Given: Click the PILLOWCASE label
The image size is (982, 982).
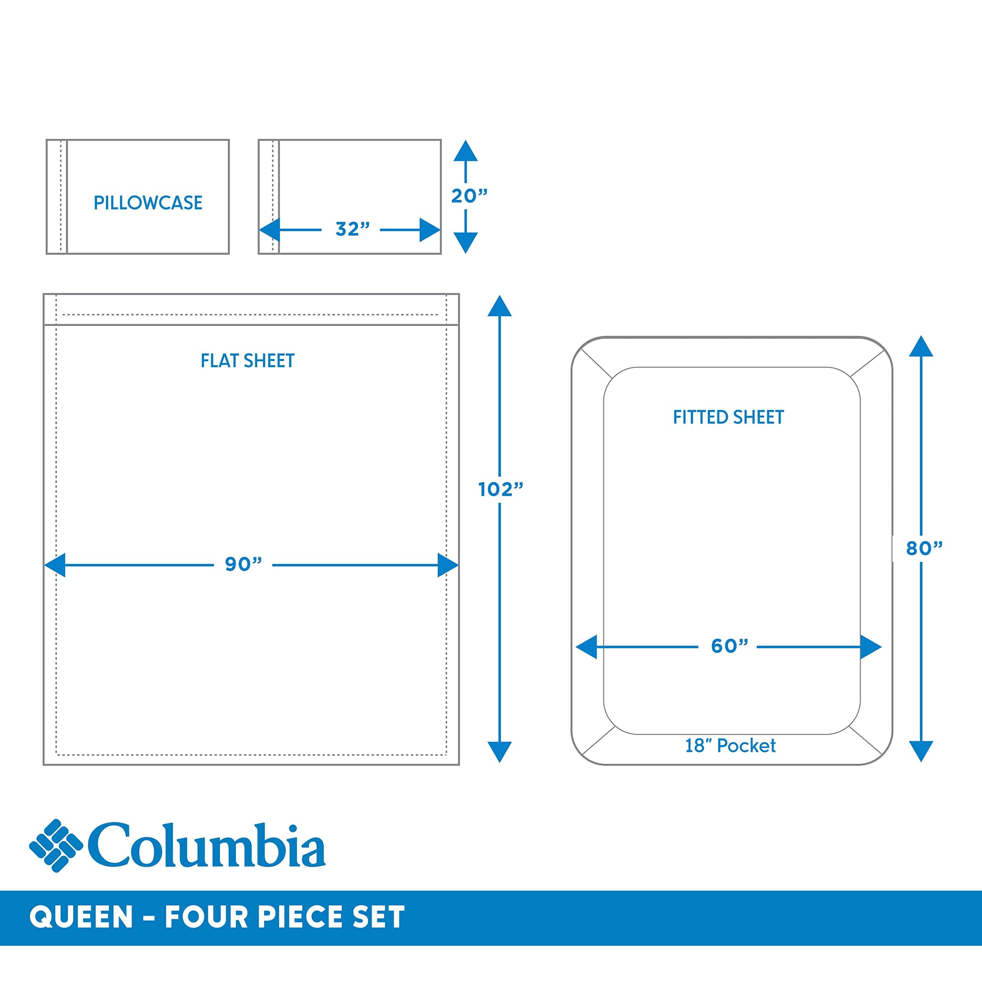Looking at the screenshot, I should click(x=148, y=203).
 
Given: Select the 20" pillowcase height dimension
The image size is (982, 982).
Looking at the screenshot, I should click(x=469, y=196).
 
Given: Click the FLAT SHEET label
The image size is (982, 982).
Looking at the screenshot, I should click(x=247, y=361).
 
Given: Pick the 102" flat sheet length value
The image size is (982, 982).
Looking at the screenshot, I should click(x=500, y=489).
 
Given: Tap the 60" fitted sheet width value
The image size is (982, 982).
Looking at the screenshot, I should click(x=729, y=646).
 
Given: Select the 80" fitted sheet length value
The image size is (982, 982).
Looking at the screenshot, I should click(x=924, y=548).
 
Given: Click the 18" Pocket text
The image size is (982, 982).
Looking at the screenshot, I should click(x=730, y=746).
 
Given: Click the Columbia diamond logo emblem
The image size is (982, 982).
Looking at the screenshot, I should click(x=56, y=846).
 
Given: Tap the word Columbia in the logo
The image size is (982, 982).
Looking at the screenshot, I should click(x=207, y=845).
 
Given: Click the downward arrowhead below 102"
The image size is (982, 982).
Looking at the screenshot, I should click(x=500, y=751).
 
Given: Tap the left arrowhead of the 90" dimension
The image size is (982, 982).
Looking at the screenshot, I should click(x=55, y=565).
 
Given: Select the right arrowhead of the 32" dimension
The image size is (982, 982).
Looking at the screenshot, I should click(x=430, y=230).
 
